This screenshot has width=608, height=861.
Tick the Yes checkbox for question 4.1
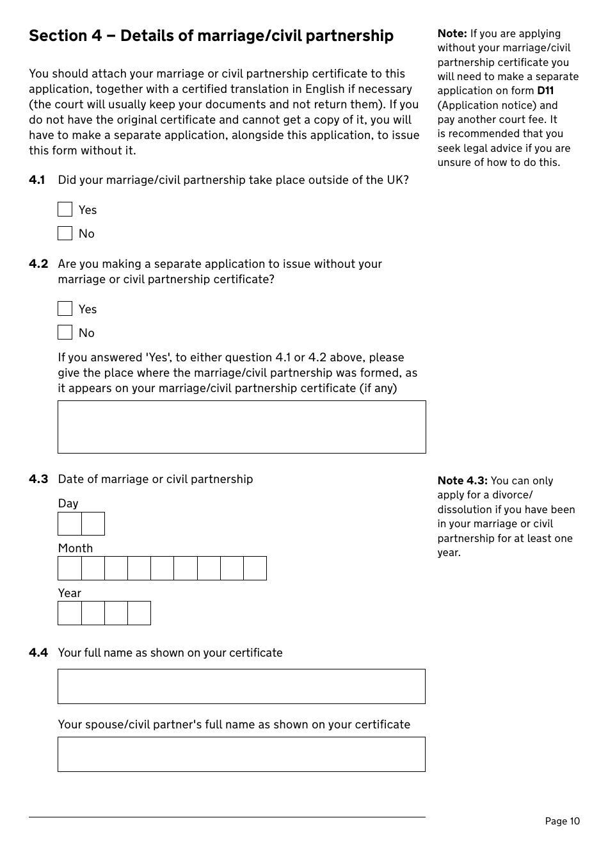point(65,209)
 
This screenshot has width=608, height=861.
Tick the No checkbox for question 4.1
point(65,233)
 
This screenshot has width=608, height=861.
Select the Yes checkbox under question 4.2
point(65,309)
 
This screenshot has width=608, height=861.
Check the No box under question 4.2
point(65,332)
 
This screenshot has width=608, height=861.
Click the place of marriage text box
point(241,427)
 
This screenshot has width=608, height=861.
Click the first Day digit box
point(70,524)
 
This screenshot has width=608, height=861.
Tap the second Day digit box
point(93,524)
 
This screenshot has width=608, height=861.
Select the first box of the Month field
point(70,568)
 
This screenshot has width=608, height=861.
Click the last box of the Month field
point(255,568)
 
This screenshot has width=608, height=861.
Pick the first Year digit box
point(70,613)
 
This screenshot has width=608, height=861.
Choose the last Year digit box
point(139,613)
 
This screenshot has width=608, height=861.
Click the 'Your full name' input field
point(241,686)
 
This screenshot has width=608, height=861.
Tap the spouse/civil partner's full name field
point(241,754)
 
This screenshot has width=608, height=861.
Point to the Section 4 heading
point(211,36)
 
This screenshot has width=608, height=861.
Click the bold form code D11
point(545,91)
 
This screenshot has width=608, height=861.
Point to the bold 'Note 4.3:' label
point(462,480)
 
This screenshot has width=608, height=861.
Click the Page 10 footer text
point(562,821)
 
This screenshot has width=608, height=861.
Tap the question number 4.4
point(38,653)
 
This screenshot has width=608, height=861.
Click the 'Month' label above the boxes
point(76,548)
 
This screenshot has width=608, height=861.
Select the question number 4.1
point(37,180)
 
